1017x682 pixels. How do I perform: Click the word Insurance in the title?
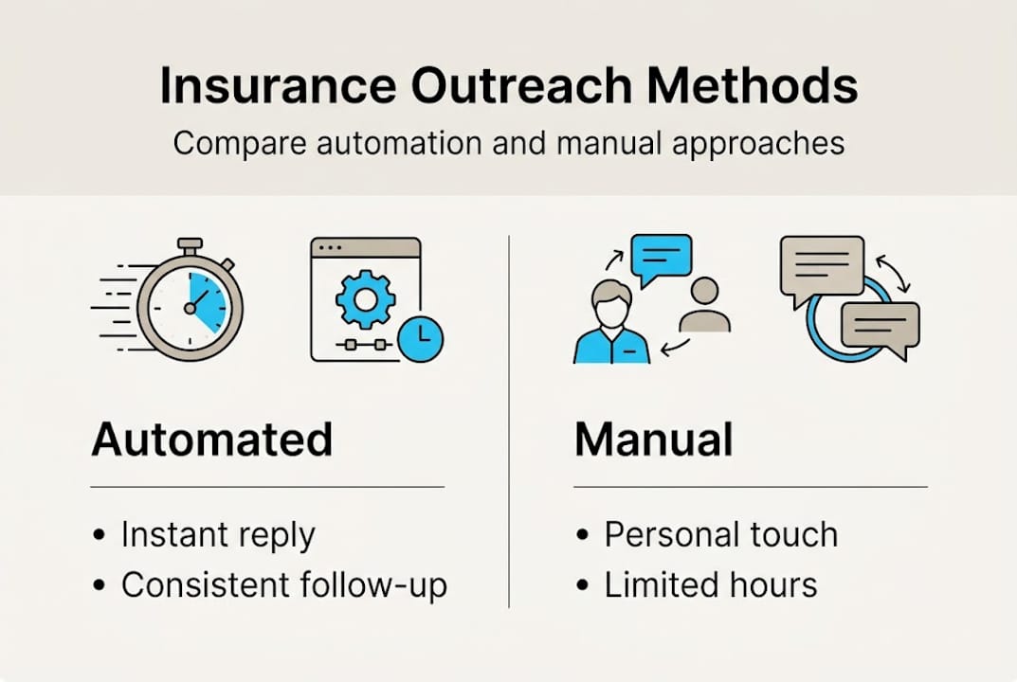[277, 86]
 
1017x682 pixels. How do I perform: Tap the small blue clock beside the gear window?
[420, 337]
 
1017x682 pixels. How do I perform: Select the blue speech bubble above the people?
[662, 257]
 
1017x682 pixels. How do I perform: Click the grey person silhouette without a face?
[704, 305]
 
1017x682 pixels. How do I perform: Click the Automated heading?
[211, 440]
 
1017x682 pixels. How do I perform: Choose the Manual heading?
[653, 440]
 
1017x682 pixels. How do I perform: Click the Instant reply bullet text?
[217, 536]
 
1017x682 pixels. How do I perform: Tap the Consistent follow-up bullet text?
[283, 585]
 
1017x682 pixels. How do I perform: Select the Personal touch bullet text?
[720, 534]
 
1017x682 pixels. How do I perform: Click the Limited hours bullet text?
[710, 584]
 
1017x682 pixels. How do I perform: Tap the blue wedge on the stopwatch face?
[209, 298]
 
